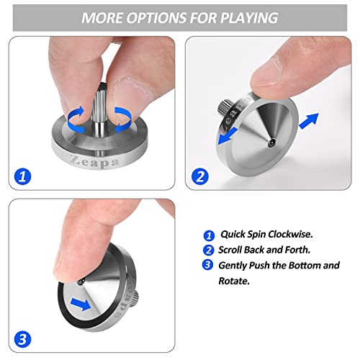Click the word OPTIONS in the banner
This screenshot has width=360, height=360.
156,18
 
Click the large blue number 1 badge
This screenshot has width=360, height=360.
22,176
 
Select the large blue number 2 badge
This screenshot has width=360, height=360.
200,176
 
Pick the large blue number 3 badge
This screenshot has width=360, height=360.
22,339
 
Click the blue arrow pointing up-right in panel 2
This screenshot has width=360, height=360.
309,120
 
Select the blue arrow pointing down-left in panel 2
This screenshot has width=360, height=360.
228,136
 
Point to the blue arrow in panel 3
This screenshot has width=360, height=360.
81,304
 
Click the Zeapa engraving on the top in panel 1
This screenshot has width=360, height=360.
94,162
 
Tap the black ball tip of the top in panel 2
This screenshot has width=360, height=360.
271,142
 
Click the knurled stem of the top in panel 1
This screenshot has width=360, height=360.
99,106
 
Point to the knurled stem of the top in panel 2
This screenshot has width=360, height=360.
225,107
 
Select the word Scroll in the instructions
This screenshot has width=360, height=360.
230,250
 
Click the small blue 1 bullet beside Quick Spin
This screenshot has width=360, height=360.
209,235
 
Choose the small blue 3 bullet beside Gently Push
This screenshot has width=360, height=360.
207,265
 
